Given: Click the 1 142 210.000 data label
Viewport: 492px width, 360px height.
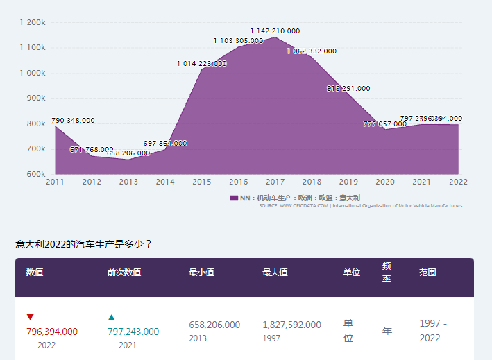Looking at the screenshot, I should tap(275, 31).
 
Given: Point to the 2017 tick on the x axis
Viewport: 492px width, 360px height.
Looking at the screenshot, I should tap(275, 182).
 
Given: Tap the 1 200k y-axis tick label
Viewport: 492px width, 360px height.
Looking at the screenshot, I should tap(33, 22).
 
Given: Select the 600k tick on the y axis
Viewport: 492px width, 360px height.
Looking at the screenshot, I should tap(37, 174).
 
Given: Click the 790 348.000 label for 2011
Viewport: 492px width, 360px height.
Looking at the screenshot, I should tap(73, 120).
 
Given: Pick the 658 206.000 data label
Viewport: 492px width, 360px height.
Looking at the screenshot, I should tap(128, 153).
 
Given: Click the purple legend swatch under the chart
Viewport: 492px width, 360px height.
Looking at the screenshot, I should tap(234, 198).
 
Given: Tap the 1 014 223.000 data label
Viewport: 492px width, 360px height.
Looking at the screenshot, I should tap(201, 63).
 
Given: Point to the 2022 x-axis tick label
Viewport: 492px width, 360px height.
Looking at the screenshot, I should tap(458, 182).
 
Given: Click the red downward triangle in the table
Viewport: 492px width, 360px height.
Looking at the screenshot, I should tap(30, 317).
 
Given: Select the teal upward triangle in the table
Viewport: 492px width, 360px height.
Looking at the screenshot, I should tap(111, 317).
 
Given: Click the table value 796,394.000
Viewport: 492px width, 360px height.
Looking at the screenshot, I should tap(52, 332).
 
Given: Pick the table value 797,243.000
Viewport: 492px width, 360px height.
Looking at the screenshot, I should tap(133, 332).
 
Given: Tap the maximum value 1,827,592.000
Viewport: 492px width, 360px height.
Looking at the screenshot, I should tap(291, 325).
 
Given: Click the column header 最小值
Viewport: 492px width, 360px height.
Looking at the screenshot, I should tap(201, 273).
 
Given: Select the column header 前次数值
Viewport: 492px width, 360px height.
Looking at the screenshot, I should tap(124, 273).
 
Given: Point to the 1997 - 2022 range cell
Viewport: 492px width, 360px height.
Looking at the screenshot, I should tap(433, 331).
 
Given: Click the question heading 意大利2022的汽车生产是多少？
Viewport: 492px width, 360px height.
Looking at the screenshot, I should tap(83, 244).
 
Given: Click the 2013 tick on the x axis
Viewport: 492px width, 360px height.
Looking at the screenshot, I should tap(128, 182).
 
